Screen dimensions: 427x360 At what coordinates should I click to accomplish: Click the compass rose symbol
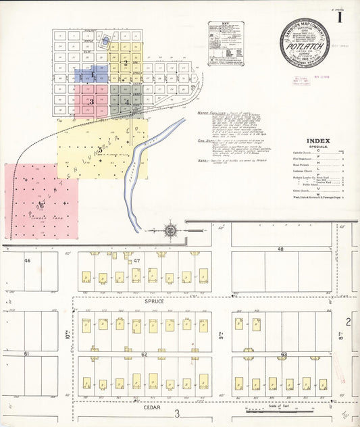[171, 230]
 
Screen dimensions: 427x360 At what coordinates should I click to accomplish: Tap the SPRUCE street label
[155, 301]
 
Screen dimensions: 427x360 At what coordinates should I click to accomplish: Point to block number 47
[136, 260]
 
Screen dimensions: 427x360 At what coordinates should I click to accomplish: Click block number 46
[28, 260]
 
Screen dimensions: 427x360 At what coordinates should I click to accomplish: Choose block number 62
[144, 353]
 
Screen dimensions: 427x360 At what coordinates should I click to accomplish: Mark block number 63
[284, 353]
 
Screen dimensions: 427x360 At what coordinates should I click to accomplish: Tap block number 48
[280, 249]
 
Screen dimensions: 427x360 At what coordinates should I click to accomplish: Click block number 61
[27, 353]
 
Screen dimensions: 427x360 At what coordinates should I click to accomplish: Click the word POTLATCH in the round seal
[304, 47]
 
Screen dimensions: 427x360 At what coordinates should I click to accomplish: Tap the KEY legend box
[226, 43]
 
